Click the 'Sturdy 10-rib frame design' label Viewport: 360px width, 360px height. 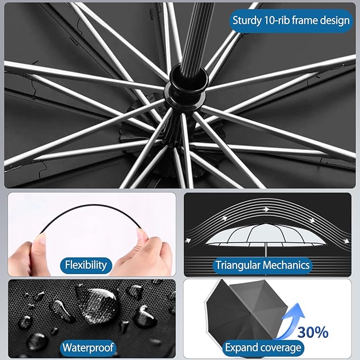pyautogui.click(x=291, y=21)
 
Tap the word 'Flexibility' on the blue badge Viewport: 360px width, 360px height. pyautogui.click(x=85, y=265)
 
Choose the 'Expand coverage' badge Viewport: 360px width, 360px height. pyautogui.click(x=263, y=348)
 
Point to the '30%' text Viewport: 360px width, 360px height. pyautogui.click(x=312, y=332)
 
